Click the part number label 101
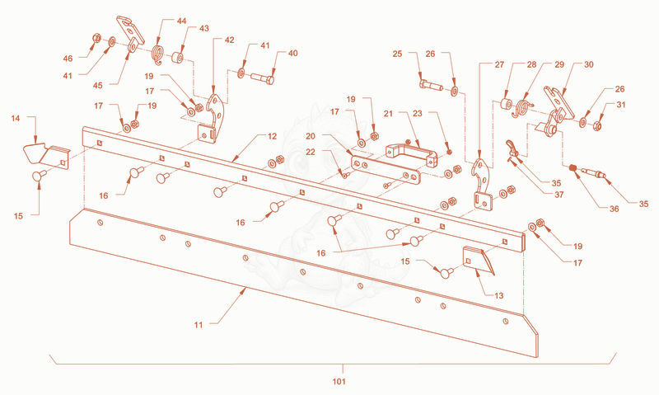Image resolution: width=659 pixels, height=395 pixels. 339,381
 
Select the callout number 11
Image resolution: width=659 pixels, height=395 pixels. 199,324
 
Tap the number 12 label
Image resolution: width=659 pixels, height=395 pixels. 273,136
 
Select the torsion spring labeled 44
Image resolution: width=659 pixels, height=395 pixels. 157,54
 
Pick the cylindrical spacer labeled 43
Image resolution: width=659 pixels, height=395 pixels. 178,57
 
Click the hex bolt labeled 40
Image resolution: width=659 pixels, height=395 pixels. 263,78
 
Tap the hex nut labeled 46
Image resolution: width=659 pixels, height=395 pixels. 96,38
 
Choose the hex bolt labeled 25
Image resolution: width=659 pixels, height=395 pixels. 431,85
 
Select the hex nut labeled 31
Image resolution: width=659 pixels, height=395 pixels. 597,125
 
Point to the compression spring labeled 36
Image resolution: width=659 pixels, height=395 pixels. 573,168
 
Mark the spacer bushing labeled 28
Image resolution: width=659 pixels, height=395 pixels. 506,103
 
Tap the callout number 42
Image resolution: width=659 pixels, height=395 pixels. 229,40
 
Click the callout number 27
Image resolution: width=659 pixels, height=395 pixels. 499,64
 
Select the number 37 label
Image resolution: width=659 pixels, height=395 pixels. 559,195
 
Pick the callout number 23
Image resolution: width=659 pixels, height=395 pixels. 417,113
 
